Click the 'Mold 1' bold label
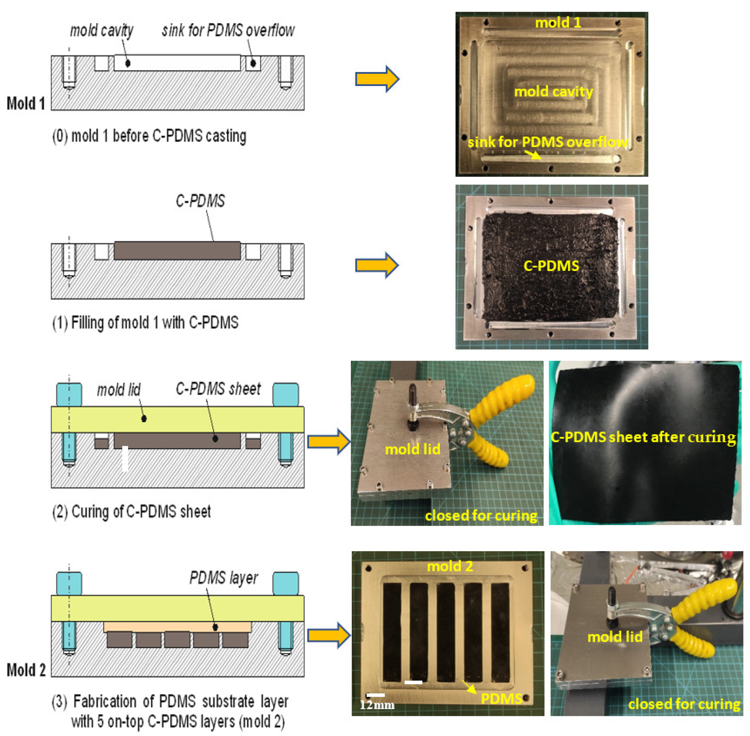26,103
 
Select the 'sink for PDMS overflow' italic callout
228,30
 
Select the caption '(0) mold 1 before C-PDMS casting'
149,136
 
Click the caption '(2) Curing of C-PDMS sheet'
131,511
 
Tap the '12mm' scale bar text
377,705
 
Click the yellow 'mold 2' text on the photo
450,566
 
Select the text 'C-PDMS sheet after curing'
643,437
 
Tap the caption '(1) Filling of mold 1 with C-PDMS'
145,323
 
